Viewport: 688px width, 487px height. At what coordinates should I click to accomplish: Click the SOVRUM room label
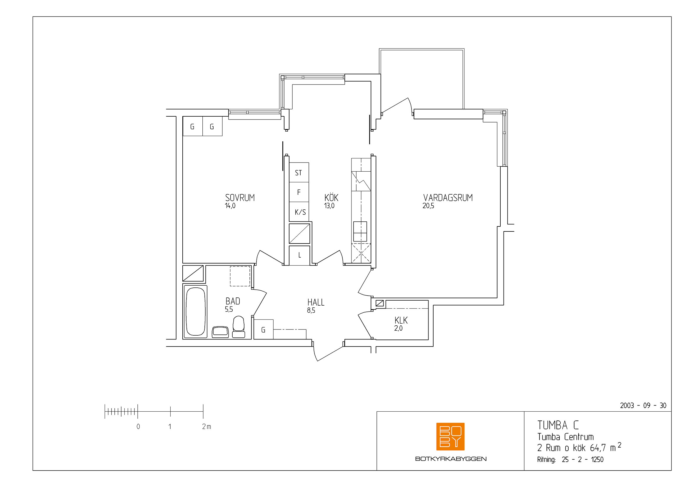(x=240, y=198)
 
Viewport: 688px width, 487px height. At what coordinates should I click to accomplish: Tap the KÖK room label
(x=331, y=198)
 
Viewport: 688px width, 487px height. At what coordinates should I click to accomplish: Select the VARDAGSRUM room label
(x=448, y=198)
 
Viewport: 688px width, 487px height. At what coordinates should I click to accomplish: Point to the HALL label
(x=316, y=302)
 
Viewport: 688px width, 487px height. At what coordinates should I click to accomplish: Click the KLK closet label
(x=401, y=320)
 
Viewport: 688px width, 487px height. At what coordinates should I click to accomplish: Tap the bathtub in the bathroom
(x=195, y=312)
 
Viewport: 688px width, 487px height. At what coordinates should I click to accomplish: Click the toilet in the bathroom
(x=239, y=327)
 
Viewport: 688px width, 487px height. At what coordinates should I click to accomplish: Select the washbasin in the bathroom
(x=220, y=332)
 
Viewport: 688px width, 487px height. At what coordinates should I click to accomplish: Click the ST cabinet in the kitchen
(x=299, y=173)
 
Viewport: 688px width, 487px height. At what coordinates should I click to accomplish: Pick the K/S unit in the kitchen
(x=299, y=212)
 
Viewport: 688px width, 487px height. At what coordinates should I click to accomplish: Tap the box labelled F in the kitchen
(x=299, y=192)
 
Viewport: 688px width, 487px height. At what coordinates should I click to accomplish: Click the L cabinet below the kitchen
(x=299, y=256)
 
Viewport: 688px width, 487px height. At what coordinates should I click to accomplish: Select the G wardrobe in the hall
(x=263, y=329)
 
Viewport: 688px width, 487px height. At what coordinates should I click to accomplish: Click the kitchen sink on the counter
(x=360, y=231)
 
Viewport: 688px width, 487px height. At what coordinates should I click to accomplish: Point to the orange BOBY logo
(x=450, y=437)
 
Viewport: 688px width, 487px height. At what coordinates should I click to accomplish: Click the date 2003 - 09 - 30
(x=643, y=406)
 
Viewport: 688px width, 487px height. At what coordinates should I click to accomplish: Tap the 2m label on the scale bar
(x=206, y=426)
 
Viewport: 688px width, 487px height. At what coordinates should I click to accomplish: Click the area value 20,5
(x=428, y=206)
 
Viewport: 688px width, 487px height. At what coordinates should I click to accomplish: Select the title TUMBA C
(x=558, y=425)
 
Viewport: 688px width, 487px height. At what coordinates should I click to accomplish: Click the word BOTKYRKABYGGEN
(x=451, y=459)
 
